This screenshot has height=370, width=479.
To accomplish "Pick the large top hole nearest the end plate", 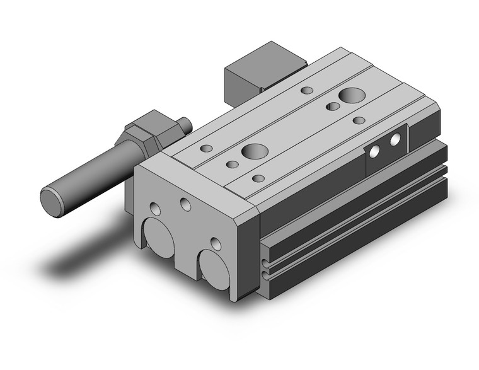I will (x=255, y=151).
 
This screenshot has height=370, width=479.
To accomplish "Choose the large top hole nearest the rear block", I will (x=350, y=96).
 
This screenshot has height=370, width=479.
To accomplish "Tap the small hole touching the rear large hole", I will (x=333, y=107).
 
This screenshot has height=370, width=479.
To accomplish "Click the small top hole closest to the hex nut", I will (x=207, y=149).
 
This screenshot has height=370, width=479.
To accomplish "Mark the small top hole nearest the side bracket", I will (x=359, y=120).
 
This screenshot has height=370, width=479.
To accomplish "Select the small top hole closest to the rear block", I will (x=307, y=90).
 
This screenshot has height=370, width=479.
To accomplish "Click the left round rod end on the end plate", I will (x=159, y=239).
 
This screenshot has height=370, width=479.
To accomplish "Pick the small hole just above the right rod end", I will (x=216, y=243).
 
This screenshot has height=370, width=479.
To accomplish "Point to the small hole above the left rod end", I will (x=156, y=209).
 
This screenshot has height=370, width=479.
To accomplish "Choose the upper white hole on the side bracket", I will (x=396, y=140).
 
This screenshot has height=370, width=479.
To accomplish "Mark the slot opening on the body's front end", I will (x=265, y=265).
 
